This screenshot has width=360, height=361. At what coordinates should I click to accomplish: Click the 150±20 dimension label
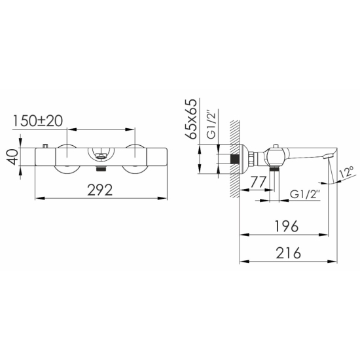pyautogui.click(x=37, y=121)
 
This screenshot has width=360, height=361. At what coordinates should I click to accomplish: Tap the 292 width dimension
pyautogui.click(x=100, y=190)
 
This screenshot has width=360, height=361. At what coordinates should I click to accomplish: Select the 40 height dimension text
pyautogui.click(x=12, y=157)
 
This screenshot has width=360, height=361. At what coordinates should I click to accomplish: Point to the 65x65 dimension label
pyautogui.click(x=191, y=119)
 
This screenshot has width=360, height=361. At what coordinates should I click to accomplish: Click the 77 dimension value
pyautogui.click(x=258, y=182)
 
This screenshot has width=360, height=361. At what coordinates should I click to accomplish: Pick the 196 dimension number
pyautogui.click(x=287, y=226)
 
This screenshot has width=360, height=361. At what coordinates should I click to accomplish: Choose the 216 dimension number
pyautogui.click(x=288, y=253)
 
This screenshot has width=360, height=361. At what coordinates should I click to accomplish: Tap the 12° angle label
pyautogui.click(x=346, y=172)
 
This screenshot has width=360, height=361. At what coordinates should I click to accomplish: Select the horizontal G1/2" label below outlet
pyautogui.click(x=305, y=194)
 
